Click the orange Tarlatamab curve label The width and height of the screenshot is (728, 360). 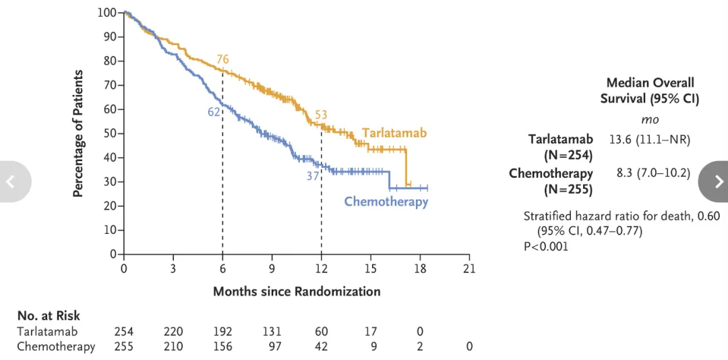click(394, 133)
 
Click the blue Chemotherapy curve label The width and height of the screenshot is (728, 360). click(386, 201)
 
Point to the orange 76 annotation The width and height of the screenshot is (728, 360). click(222, 59)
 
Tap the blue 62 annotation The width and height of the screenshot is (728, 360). click(214, 112)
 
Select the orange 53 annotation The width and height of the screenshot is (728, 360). click(321, 115)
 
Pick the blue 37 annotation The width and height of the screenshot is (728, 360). click(313, 176)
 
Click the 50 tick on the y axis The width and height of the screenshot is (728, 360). click(109, 133)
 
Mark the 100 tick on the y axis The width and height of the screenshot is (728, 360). click(107, 12)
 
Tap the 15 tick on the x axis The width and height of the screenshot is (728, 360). click(370, 268)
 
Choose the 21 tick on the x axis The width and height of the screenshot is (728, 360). click(469, 268)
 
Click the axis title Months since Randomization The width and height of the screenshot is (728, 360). click(297, 291)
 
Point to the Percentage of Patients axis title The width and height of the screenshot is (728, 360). click(78, 133)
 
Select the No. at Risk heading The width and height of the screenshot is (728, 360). click(49, 316)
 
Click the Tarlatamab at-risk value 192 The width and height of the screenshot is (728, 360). click(222, 332)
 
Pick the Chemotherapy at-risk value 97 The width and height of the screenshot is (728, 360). click(272, 347)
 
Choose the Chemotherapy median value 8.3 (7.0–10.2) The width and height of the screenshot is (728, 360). click(653, 173)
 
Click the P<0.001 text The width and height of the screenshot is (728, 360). click(546, 246)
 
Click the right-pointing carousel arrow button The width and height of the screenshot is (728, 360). click(717, 181)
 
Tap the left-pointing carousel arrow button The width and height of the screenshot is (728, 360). click(11, 181)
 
